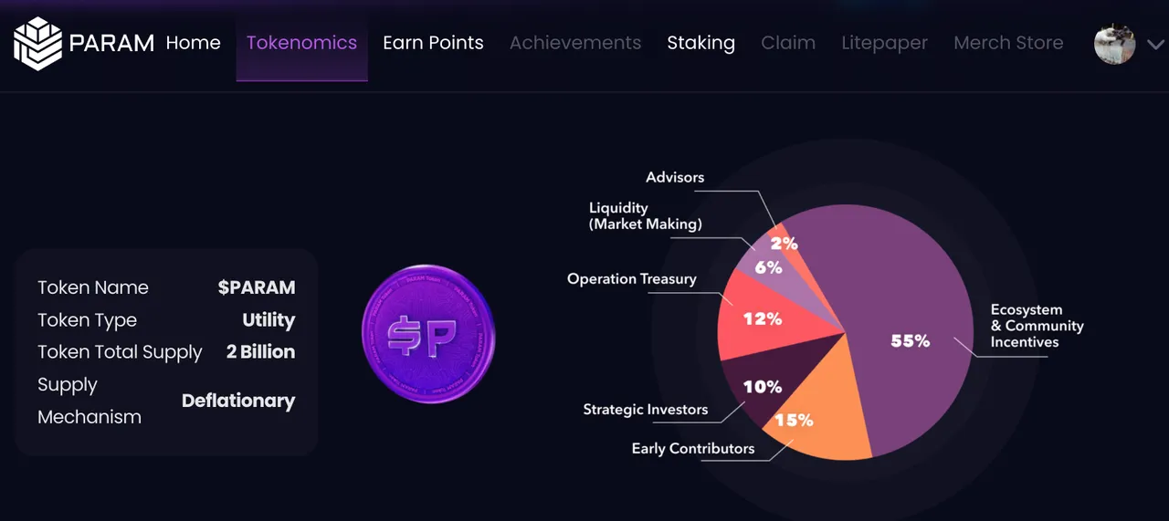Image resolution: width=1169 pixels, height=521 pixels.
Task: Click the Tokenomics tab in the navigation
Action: click(x=301, y=43)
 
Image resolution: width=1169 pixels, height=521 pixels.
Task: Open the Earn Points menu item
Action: click(x=433, y=43)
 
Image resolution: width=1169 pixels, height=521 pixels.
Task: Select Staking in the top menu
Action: click(x=700, y=43)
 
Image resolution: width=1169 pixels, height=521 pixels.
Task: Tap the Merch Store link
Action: click(x=1008, y=43)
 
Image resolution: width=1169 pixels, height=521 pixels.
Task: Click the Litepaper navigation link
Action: click(x=885, y=43)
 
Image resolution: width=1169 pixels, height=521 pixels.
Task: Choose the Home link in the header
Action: click(x=193, y=43)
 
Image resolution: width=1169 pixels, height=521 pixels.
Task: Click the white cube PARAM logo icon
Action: click(x=37, y=43)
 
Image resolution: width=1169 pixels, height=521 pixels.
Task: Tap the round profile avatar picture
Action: click(x=1114, y=44)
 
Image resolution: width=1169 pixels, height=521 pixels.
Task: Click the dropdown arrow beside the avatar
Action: click(x=1155, y=45)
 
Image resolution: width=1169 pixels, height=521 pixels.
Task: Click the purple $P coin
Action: click(x=428, y=334)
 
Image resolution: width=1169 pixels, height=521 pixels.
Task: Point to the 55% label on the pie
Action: click(x=911, y=341)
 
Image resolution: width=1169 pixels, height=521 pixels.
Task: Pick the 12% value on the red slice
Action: click(x=763, y=318)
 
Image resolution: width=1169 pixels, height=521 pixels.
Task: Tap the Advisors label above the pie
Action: click(x=675, y=177)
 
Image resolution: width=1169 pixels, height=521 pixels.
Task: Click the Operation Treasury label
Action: click(x=631, y=279)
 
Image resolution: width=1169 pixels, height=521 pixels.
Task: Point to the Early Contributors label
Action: click(x=693, y=449)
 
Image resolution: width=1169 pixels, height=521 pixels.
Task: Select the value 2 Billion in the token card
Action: click(x=260, y=352)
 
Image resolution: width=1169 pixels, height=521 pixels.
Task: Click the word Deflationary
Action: click(x=238, y=401)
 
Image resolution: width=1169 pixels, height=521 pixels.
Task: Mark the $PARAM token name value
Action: click(x=257, y=287)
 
